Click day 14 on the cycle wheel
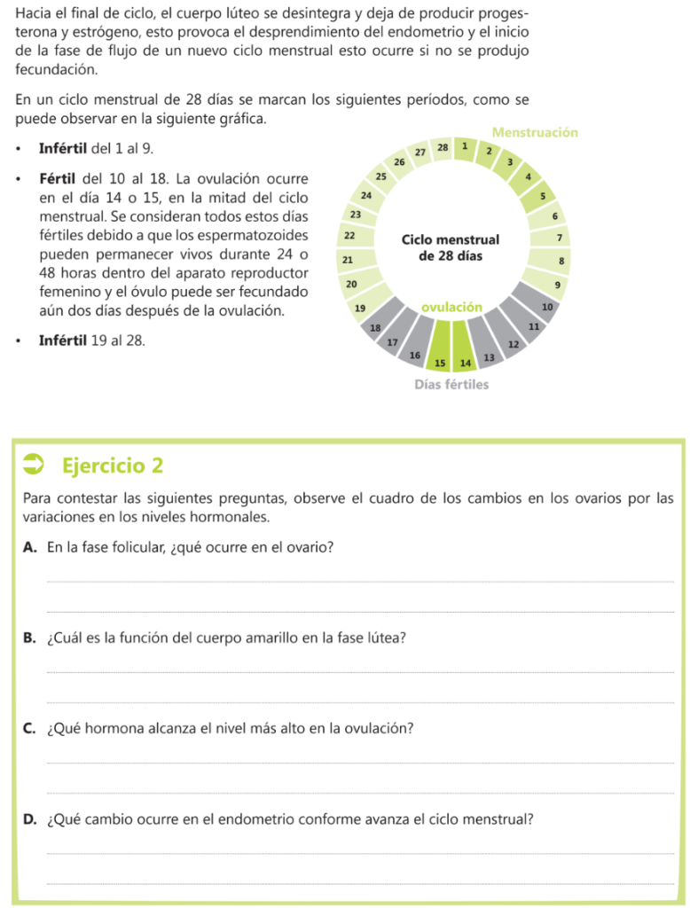(465, 363)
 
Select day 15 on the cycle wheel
(440, 363)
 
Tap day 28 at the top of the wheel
(443, 146)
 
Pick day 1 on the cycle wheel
(465, 146)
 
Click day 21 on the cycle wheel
(347, 260)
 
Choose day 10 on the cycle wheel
(547, 307)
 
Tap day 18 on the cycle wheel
(375, 327)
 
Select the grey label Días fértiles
(451, 385)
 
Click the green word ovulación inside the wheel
(451, 307)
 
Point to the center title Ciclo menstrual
(451, 239)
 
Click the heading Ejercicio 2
(113, 466)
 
